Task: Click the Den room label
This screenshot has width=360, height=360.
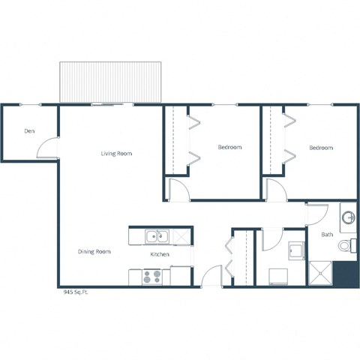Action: coord(29,131)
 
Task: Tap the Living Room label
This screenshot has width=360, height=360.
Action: coord(116,154)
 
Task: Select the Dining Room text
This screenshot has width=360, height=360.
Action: coord(94,251)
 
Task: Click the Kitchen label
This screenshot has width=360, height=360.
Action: coord(159,255)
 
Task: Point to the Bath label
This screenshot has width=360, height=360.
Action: coord(327,235)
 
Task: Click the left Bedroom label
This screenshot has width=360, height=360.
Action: coord(229,148)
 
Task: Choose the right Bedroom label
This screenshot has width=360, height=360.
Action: coord(321,148)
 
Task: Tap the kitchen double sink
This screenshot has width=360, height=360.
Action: coord(157,237)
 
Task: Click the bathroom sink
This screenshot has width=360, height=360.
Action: coord(347,218)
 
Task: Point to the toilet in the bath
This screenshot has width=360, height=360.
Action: coord(346,244)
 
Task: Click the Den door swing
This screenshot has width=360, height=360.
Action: coord(47,148)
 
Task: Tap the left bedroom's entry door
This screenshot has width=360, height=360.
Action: coord(178,190)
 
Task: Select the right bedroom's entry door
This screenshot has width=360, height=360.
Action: coord(273,190)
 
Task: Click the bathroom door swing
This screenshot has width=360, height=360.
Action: coord(316,215)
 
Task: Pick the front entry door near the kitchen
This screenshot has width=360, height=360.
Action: coord(212,275)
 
